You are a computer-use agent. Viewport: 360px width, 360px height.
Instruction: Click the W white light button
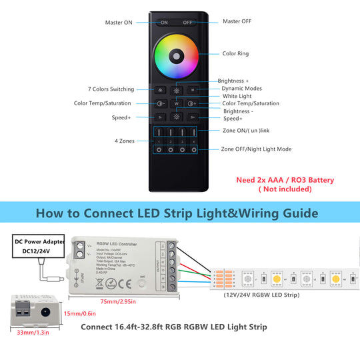click(176, 103)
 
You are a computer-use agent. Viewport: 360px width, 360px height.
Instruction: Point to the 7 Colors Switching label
click(111, 89)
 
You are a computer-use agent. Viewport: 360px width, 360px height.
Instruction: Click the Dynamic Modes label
click(241, 89)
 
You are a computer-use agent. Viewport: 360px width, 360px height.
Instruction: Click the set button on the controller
click(141, 283)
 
